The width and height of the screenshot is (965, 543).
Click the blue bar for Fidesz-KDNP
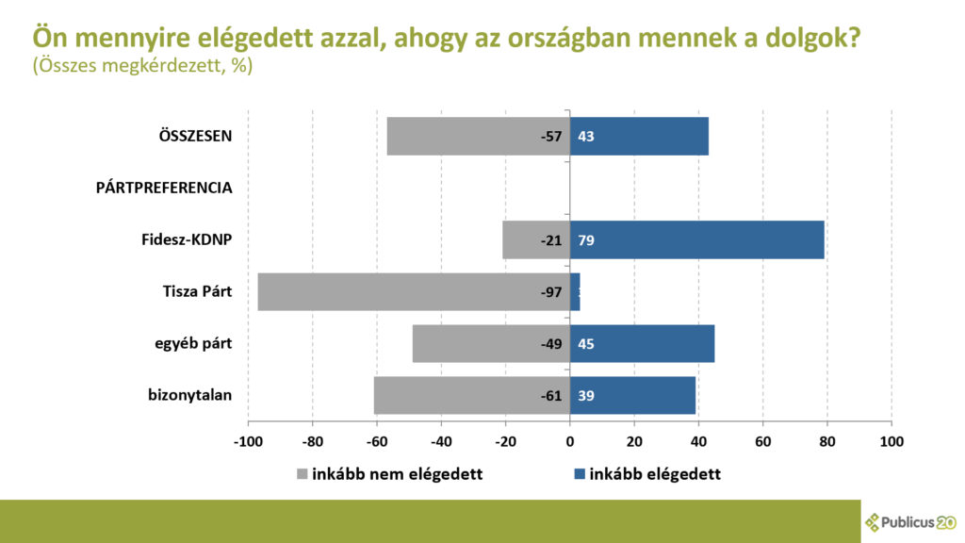(697, 239)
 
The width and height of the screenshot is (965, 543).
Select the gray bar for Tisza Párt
(396, 291)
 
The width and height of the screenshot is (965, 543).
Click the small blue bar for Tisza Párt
(575, 291)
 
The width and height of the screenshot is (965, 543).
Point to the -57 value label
(551, 137)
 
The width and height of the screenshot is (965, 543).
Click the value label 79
(586, 240)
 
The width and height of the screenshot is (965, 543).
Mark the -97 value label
(551, 292)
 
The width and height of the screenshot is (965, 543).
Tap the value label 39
(586, 396)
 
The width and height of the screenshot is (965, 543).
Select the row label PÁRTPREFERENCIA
(164, 188)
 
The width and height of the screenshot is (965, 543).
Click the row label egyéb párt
(193, 343)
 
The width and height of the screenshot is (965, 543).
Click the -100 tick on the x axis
(247, 441)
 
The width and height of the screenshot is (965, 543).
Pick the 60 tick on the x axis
(762, 441)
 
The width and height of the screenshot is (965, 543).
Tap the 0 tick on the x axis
(569, 441)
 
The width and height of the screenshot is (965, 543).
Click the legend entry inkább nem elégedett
(397, 474)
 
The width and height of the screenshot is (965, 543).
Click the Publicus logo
(910, 521)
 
